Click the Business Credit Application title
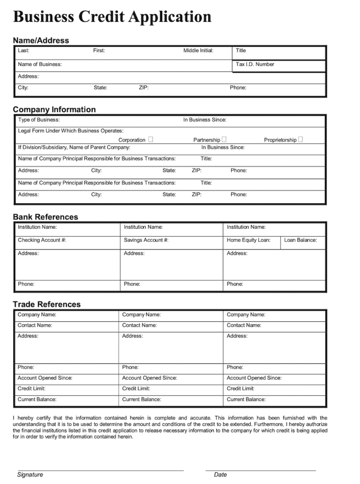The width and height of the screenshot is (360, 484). (112, 17)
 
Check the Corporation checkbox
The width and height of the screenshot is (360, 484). (150, 139)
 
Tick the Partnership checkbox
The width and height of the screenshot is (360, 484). (224, 139)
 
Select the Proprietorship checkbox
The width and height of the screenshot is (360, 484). (300, 139)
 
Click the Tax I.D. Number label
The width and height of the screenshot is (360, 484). (255, 64)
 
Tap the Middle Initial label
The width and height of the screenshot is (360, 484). (198, 51)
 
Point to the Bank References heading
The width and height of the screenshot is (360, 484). (45, 217)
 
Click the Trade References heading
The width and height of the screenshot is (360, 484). (47, 304)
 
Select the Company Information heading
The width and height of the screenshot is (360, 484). (54, 110)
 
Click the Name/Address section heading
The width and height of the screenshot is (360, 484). (41, 41)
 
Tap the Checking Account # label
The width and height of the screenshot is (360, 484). (42, 240)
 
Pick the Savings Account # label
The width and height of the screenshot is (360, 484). (146, 240)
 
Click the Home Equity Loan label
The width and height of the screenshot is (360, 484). (248, 240)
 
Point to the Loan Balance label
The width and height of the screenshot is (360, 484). (300, 240)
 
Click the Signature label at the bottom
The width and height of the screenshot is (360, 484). (30, 475)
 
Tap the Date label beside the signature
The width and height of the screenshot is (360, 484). (220, 475)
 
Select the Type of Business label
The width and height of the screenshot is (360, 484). (39, 120)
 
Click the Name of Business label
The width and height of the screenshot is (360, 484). (40, 64)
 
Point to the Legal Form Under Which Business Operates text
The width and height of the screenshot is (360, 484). (70, 131)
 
